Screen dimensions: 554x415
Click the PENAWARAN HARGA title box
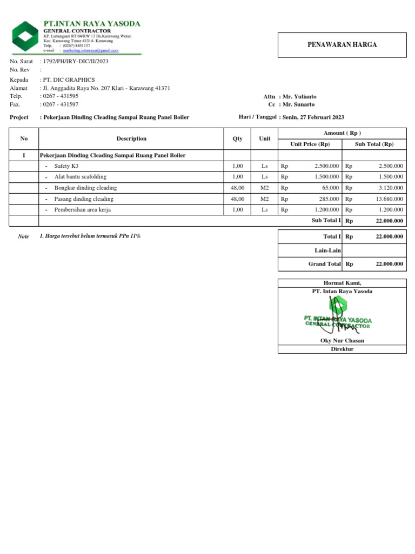pyautogui.click(x=342, y=45)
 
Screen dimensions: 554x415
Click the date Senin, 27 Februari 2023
pyautogui.click(x=313, y=117)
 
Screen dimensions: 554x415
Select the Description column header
pyautogui.click(x=131, y=138)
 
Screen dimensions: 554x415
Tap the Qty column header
pyautogui.click(x=238, y=138)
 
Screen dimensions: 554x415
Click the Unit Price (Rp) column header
pyautogui.click(x=310, y=144)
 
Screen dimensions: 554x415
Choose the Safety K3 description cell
pyautogui.click(x=66, y=166)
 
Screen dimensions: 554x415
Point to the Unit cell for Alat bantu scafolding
pyautogui.click(x=264, y=177)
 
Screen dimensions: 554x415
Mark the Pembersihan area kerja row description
pyautogui.click(x=82, y=209)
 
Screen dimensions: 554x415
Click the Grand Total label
pyautogui.click(x=324, y=264)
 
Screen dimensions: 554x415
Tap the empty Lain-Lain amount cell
pyautogui.click(x=374, y=250)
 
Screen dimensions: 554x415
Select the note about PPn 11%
pyautogui.click(x=90, y=236)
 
